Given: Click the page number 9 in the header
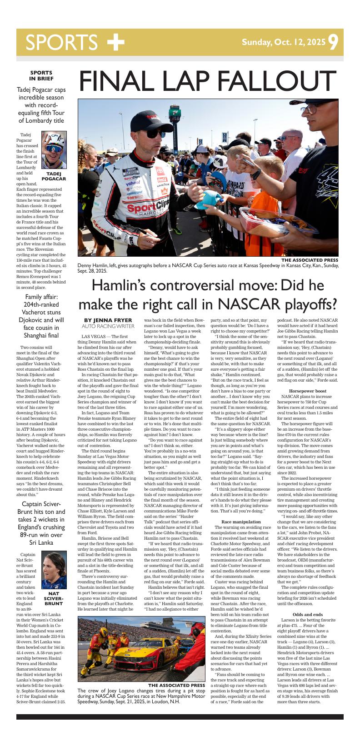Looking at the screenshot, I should coord(333,42).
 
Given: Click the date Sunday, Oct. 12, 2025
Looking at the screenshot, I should coord(284,43).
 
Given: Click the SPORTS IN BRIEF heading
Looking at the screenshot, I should coord(41,75).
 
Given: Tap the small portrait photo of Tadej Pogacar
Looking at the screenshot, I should coord(54,150).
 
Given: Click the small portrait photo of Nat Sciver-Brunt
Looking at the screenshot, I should coord(54,570).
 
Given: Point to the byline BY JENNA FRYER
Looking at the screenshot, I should coord(108,320).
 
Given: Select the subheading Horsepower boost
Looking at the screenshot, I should coord(307,391).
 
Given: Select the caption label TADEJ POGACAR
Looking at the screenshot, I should coord(54,176).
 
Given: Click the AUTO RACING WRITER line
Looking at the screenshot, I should coord(108,326).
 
